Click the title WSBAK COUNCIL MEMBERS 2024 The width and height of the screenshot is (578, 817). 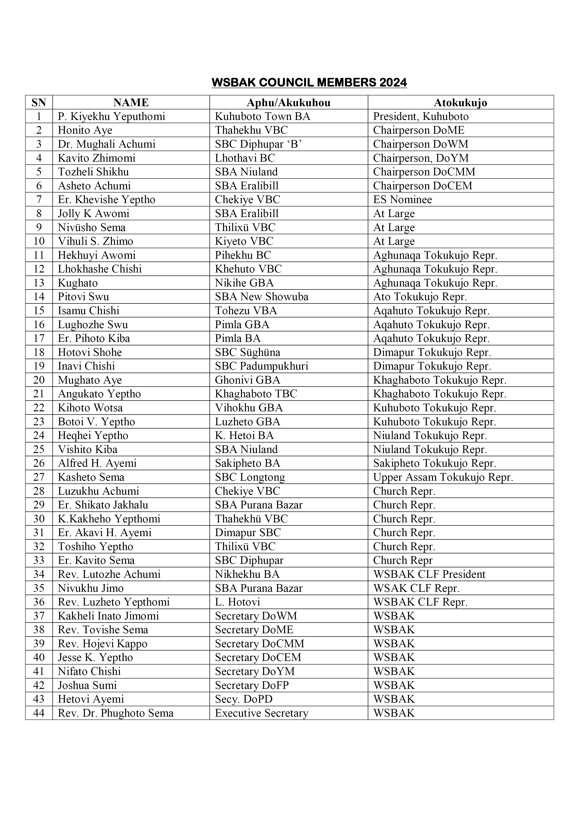point(309,82)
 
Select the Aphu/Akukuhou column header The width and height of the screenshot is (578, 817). point(289,103)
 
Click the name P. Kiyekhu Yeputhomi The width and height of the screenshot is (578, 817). point(111,116)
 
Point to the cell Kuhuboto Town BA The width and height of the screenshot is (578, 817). point(262,116)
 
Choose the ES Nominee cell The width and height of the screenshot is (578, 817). point(403,200)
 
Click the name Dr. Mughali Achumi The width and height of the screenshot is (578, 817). point(107,144)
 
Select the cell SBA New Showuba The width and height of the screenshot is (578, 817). point(261,297)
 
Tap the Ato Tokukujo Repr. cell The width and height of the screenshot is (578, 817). point(420,297)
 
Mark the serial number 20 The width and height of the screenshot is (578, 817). point(39,380)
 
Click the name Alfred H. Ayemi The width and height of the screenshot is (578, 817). point(97,463)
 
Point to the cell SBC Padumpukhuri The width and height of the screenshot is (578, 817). point(261,366)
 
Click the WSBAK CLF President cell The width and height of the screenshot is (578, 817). point(429,574)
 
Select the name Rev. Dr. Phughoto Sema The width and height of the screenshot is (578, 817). point(116,713)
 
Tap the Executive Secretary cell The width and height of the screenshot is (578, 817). point(261,713)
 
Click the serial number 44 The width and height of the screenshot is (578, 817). point(39,713)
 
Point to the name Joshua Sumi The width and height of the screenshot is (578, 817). point(87,685)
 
